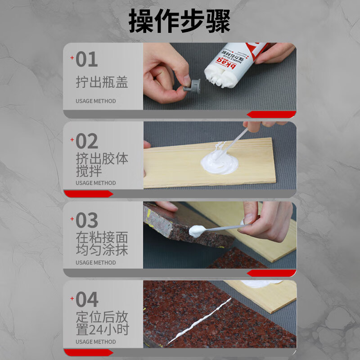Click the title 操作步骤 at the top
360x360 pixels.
[180, 21]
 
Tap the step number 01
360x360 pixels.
[87, 59]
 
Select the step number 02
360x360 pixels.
[87, 141]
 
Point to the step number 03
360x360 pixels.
[87, 220]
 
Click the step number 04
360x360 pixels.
[87, 300]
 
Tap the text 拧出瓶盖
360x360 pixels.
[102, 82]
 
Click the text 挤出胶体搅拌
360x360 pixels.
[102, 165]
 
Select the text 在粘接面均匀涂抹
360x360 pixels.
[102, 244]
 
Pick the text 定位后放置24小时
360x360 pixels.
[102, 323]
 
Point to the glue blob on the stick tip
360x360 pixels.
[197, 231]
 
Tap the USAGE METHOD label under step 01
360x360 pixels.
[95, 101]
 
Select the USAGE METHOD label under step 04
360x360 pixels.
[95, 342]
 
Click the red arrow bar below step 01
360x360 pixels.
[271, 114]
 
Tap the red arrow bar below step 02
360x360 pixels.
[88, 194]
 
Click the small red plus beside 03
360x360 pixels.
[72, 219]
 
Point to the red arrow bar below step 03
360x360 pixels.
[271, 273]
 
